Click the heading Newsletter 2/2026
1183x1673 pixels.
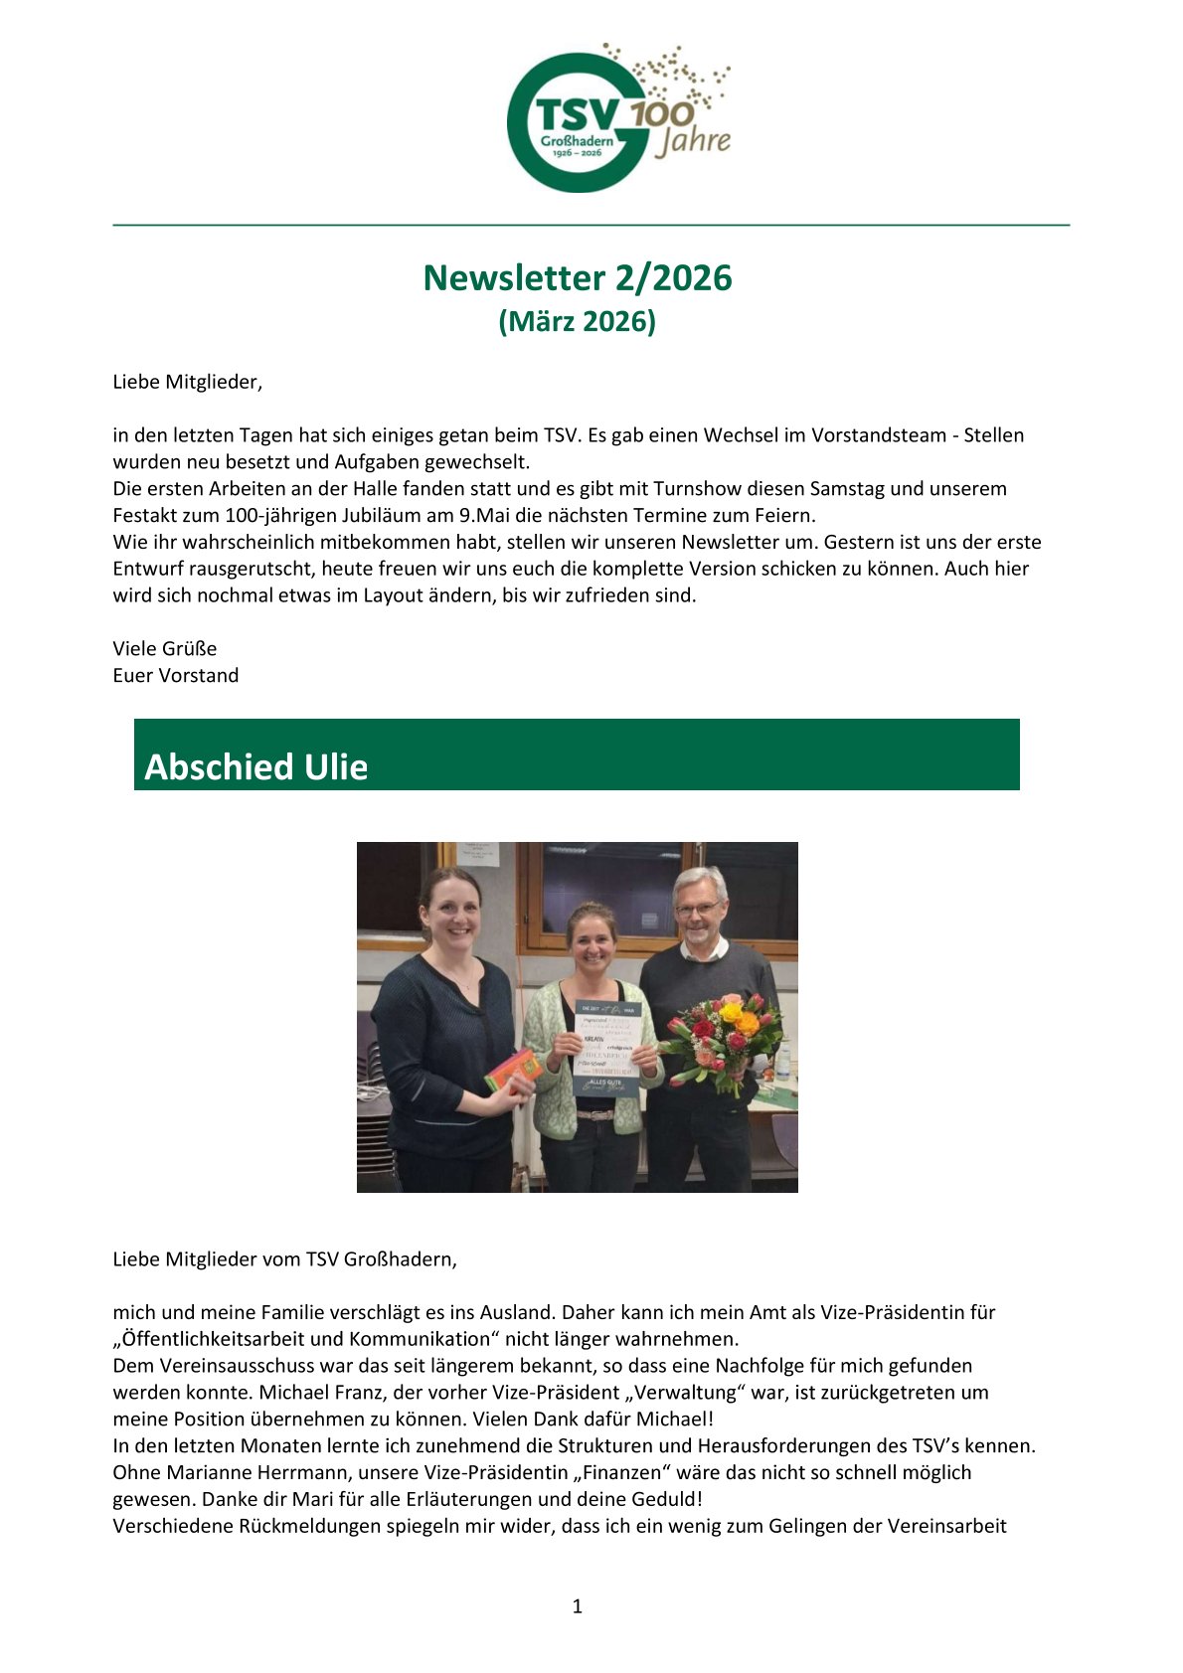pyautogui.click(x=577, y=278)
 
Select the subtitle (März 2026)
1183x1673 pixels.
pyautogui.click(x=577, y=322)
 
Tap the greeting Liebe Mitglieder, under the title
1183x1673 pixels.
pyautogui.click(x=187, y=382)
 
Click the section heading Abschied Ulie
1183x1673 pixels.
pyautogui.click(x=256, y=766)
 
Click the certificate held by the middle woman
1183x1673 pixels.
pyautogui.click(x=607, y=1048)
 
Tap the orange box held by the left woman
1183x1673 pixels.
pyautogui.click(x=512, y=1069)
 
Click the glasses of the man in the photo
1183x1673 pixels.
pyautogui.click(x=697, y=909)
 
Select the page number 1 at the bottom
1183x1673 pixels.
pyautogui.click(x=577, y=1606)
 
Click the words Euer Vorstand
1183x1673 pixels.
pyautogui.click(x=175, y=676)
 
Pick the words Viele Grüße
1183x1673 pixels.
pyautogui.click(x=164, y=649)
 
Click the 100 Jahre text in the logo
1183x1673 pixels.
pyautogui.click(x=686, y=127)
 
